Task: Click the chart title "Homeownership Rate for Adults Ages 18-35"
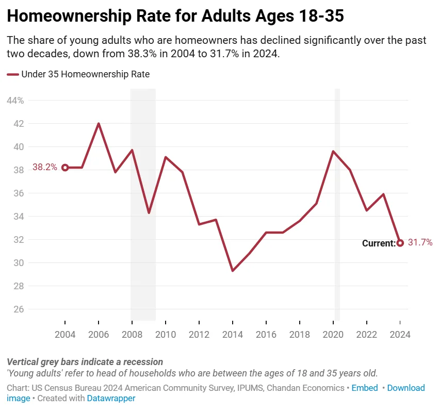(175, 17)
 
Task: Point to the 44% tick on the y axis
(15, 101)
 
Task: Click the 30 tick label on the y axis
(19, 263)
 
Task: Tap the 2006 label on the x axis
(99, 334)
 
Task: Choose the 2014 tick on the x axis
(233, 334)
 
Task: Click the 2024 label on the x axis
(400, 334)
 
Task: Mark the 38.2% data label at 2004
(45, 167)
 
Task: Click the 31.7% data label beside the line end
(420, 242)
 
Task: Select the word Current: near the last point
(378, 243)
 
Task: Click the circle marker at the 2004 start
(65, 168)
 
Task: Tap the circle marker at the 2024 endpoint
(400, 243)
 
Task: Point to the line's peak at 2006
(99, 124)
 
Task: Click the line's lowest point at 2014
(233, 270)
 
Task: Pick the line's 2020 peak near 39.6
(333, 152)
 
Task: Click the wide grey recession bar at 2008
(143, 232)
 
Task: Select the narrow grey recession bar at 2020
(337, 232)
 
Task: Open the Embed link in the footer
(365, 388)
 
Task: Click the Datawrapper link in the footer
(111, 398)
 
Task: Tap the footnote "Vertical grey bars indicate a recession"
(85, 362)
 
